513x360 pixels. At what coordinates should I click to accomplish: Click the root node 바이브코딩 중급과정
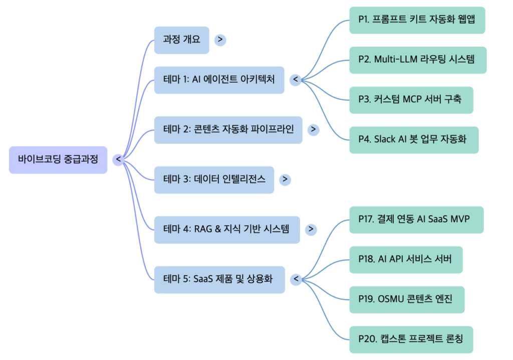(58, 160)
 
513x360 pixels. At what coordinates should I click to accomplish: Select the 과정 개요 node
(181, 40)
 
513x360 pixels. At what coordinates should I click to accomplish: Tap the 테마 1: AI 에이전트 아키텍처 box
(219, 80)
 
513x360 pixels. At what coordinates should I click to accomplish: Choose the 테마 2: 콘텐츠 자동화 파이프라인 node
(228, 129)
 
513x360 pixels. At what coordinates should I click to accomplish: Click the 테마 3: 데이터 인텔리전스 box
(214, 179)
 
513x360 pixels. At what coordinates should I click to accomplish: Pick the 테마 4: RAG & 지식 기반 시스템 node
(226, 229)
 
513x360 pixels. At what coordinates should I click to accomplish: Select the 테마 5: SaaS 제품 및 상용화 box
(219, 279)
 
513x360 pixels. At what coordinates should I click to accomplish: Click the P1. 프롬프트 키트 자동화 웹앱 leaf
(417, 20)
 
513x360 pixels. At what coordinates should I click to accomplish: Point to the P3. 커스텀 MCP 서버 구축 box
(411, 99)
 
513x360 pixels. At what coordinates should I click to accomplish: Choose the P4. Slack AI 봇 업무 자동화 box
(414, 139)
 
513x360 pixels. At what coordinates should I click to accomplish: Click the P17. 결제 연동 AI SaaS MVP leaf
(416, 220)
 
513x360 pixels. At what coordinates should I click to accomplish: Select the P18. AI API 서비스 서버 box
(406, 260)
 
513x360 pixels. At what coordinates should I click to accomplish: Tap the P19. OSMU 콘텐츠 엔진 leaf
(407, 299)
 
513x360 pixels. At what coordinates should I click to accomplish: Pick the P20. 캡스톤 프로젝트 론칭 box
(411, 339)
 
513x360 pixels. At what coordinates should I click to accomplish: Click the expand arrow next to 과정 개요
(220, 40)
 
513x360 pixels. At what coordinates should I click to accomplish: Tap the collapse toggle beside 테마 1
(296, 80)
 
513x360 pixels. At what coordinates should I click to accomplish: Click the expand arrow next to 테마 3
(285, 179)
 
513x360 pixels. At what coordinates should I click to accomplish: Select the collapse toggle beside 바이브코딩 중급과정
(118, 160)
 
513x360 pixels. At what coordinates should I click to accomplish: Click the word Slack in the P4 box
(385, 139)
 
